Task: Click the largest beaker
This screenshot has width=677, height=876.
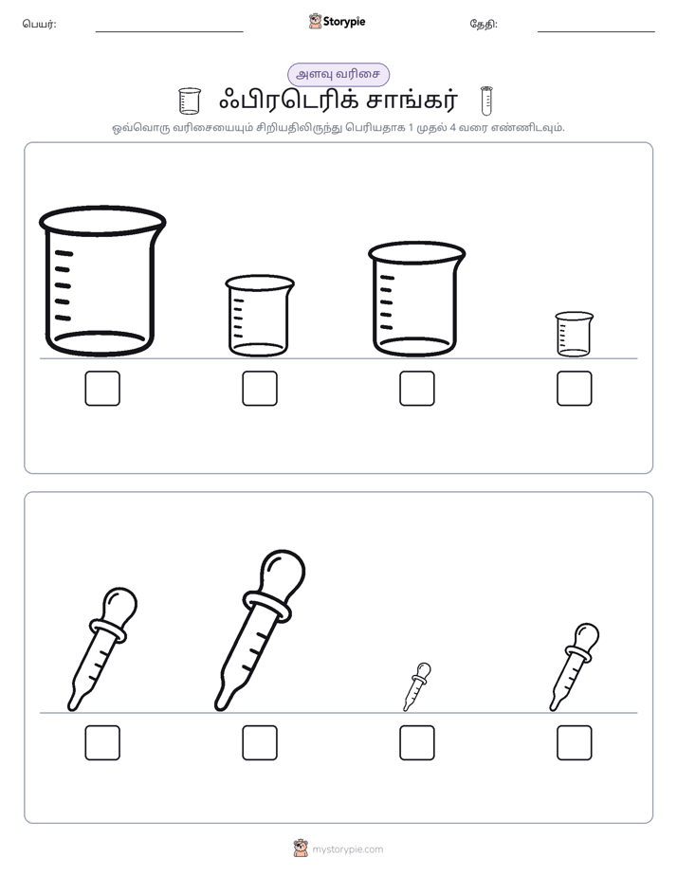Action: click(102, 281)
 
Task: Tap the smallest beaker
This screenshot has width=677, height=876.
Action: click(575, 334)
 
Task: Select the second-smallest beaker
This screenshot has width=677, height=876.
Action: click(260, 316)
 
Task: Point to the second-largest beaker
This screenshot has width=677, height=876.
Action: click(416, 300)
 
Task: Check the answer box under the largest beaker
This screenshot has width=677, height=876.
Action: click(102, 389)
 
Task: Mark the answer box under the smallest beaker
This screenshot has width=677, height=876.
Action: click(575, 389)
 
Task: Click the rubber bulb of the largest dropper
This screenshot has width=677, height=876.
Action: click(283, 573)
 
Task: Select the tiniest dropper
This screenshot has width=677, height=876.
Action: click(416, 687)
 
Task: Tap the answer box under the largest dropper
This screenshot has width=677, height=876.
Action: click(260, 743)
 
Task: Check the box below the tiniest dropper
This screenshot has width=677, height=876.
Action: click(416, 743)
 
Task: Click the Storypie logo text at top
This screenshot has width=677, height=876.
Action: click(344, 22)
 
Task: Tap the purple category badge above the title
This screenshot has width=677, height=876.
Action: click(338, 74)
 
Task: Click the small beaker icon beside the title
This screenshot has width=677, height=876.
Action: click(190, 100)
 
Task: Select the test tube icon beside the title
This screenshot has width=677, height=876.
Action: click(486, 100)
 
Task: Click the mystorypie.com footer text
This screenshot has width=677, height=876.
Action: click(347, 849)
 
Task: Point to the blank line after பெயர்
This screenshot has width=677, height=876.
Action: click(169, 32)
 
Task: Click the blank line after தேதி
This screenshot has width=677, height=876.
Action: click(596, 32)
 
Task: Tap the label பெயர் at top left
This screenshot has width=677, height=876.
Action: click(39, 24)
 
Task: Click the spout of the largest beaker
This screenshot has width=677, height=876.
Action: click(161, 223)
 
